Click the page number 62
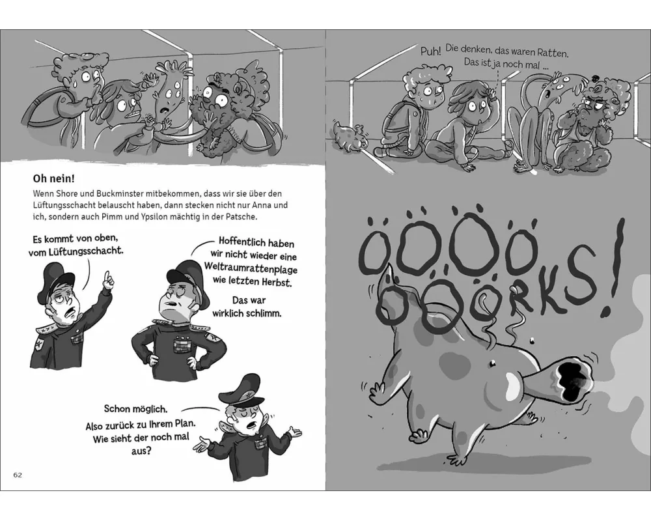(18, 475)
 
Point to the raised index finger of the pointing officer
(107, 277)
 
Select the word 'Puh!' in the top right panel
(430, 51)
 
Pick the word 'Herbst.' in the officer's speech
(277, 282)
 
